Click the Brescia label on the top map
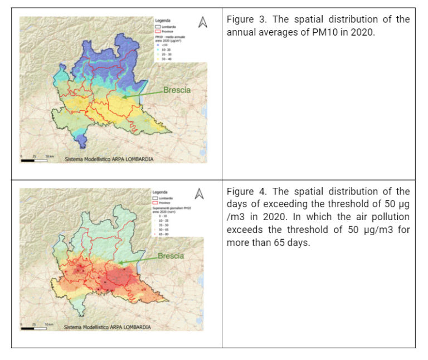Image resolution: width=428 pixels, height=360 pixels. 177,90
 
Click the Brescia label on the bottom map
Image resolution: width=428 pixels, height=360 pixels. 171,256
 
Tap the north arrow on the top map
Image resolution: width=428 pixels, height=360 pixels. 203,22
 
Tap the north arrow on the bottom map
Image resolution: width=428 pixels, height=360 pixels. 200,193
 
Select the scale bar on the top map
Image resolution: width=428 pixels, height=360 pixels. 34,160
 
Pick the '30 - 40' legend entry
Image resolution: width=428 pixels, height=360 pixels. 166,58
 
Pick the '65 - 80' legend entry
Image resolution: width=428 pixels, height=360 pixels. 163,235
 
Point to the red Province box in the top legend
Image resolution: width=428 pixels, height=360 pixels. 158,32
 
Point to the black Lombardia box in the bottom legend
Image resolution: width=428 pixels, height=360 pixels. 155,198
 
